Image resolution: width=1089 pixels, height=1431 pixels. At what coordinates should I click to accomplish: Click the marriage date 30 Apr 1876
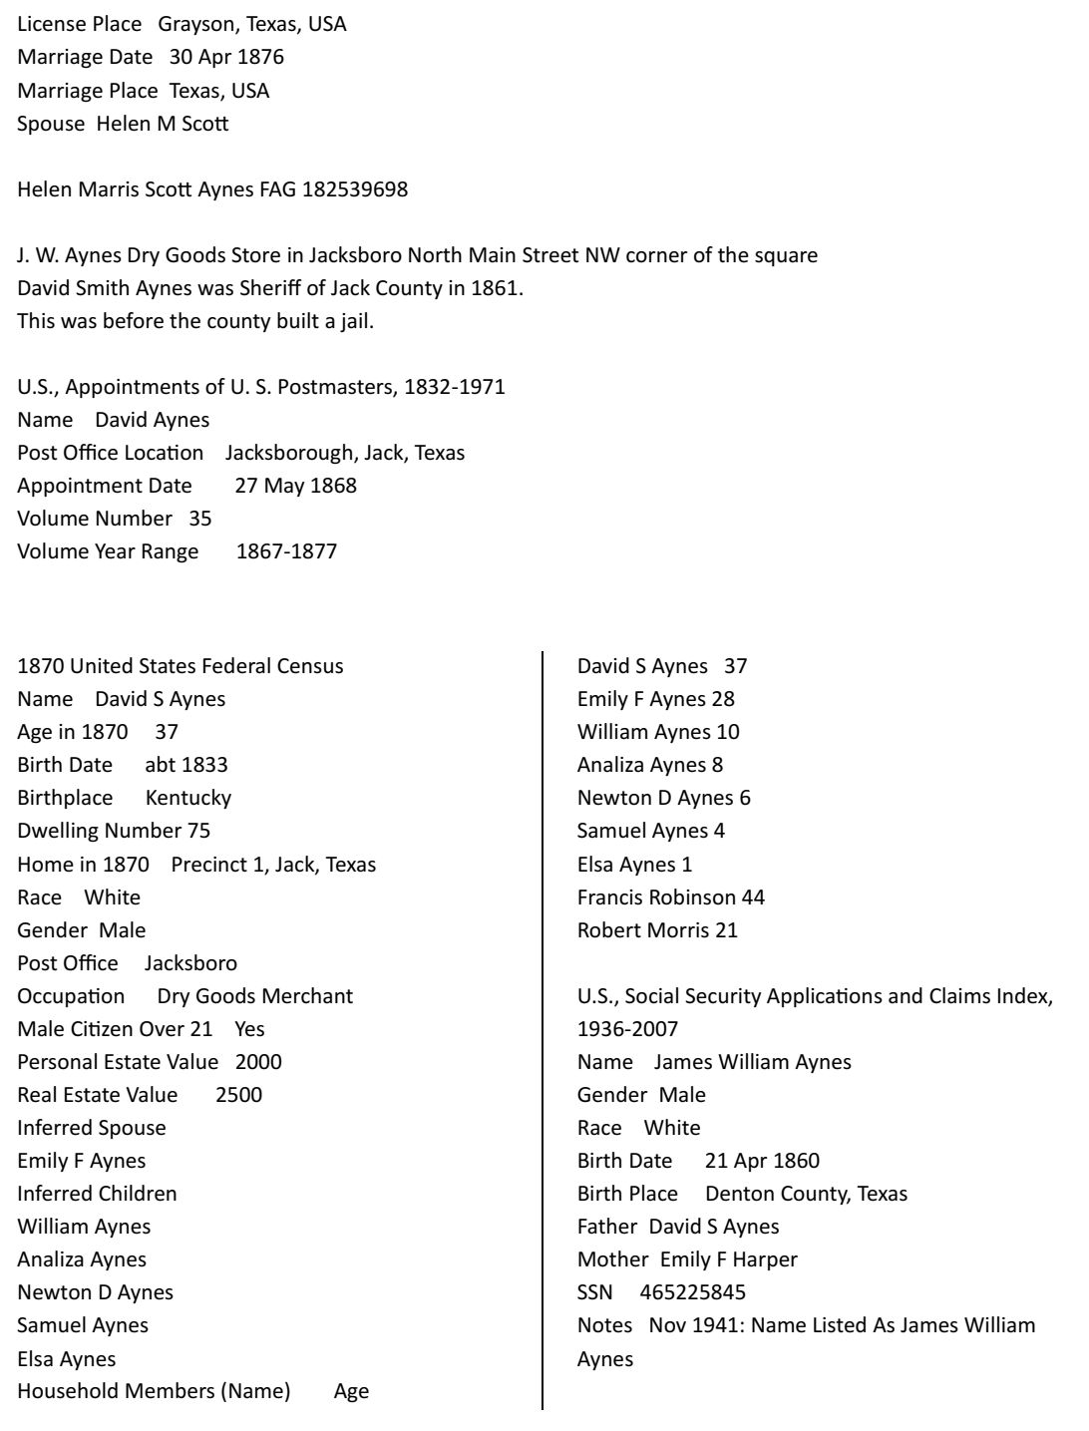(226, 57)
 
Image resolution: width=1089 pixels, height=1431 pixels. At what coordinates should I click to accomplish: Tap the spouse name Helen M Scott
(163, 124)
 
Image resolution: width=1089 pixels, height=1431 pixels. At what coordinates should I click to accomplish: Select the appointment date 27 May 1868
(295, 486)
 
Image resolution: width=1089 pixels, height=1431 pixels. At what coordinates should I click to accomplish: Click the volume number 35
(199, 519)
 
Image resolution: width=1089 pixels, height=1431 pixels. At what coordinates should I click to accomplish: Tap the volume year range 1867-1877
(286, 551)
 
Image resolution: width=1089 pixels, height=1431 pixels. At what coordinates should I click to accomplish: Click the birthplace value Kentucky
(188, 798)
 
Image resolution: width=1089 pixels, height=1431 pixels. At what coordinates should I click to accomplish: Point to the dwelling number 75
(198, 831)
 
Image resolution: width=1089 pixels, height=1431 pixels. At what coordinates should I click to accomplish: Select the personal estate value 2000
(258, 1062)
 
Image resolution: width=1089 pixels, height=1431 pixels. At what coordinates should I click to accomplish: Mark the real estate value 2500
(238, 1095)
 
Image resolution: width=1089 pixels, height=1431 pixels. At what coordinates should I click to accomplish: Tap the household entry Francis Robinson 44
(670, 897)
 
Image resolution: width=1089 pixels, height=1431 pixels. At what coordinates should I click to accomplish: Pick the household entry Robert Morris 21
(657, 930)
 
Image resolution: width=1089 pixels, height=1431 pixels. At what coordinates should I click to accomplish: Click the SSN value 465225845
(692, 1292)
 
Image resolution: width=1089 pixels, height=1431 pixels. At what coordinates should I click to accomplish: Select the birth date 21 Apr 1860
(762, 1161)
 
